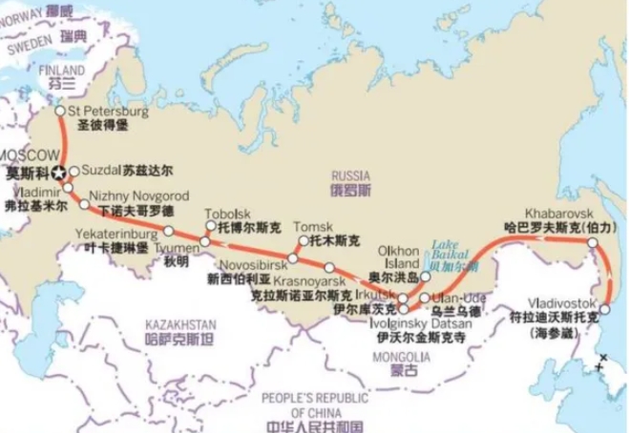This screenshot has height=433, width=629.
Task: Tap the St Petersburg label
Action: click(x=109, y=112)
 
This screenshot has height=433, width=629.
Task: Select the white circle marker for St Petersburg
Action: click(x=60, y=111)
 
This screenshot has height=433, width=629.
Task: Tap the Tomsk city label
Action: click(x=316, y=226)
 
